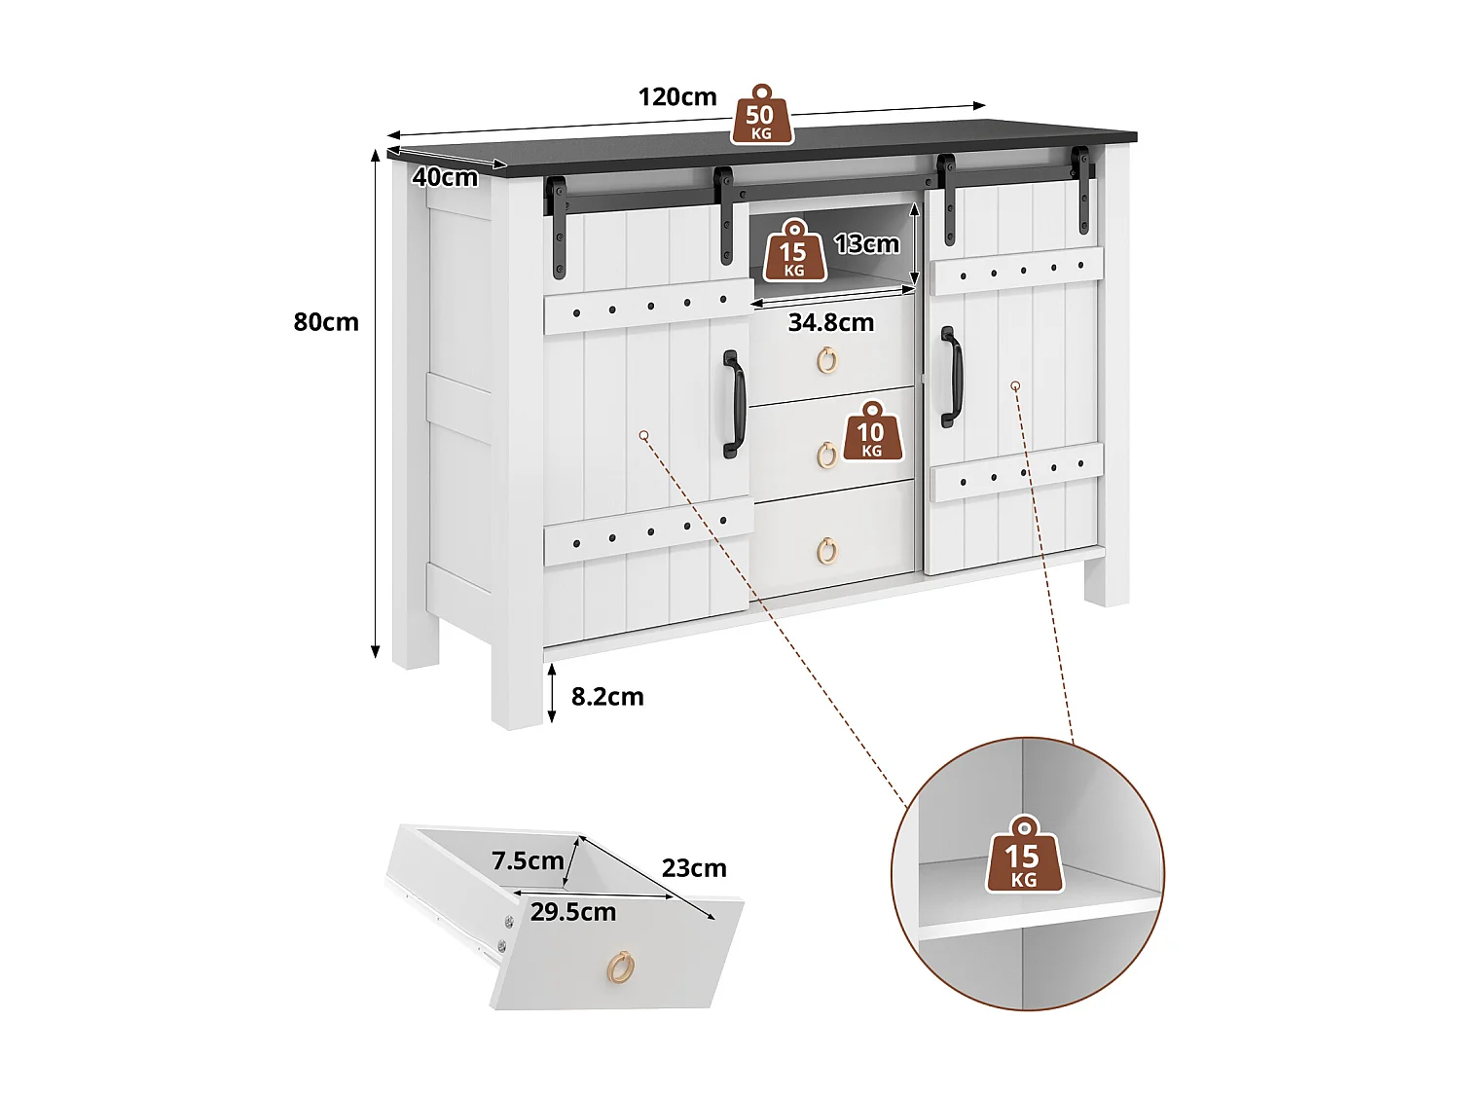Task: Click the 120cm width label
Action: pos(677,97)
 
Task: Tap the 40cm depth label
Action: pos(445,177)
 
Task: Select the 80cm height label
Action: pos(326,322)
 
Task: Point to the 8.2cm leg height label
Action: pos(607,697)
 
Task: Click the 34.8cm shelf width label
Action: pos(830,322)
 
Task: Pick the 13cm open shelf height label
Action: pos(866,243)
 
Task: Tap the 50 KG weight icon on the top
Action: pos(760,116)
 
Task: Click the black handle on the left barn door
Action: pos(733,405)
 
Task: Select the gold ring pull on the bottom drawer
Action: pos(826,550)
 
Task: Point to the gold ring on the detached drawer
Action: pos(620,967)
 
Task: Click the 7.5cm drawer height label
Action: pos(528,860)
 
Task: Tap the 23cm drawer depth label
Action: pos(694,868)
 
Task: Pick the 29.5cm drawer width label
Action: pos(573,912)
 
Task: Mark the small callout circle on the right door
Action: pos(1015,386)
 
